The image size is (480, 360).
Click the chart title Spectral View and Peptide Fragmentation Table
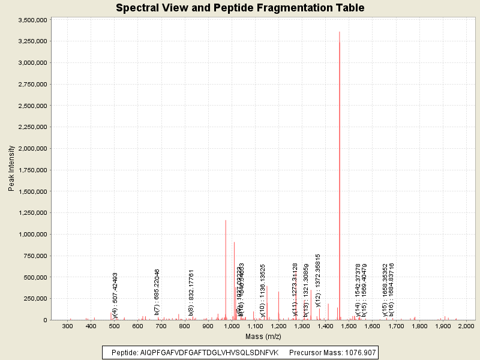tap(240, 8)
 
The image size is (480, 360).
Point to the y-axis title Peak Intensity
tap(11, 169)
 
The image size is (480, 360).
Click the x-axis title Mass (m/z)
tap(262, 337)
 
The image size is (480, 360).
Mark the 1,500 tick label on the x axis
tap(349, 326)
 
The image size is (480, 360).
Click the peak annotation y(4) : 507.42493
tap(115, 295)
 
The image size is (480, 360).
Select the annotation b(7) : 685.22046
tap(157, 292)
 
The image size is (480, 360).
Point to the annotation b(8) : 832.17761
tap(191, 292)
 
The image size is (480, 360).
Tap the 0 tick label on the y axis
tap(44, 320)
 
